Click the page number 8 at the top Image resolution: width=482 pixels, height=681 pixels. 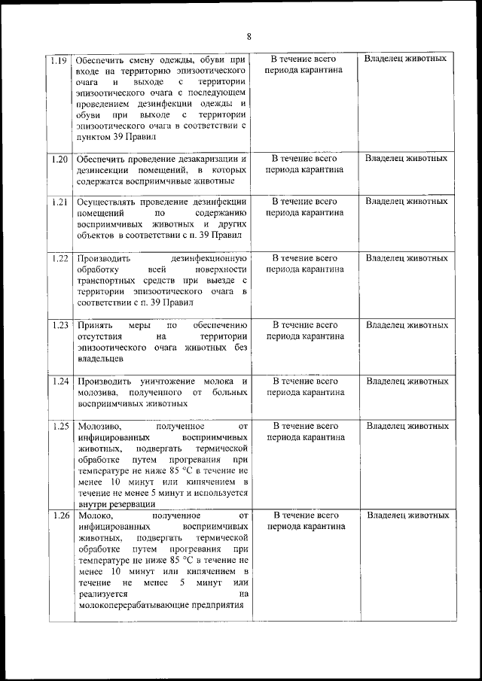coord(249,36)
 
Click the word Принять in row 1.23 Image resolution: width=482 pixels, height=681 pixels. coord(93,326)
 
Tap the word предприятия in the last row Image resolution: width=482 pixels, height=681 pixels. coord(213,606)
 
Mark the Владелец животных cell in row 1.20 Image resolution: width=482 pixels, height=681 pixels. coord(406,159)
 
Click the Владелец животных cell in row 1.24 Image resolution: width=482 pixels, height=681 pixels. coord(407,382)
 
